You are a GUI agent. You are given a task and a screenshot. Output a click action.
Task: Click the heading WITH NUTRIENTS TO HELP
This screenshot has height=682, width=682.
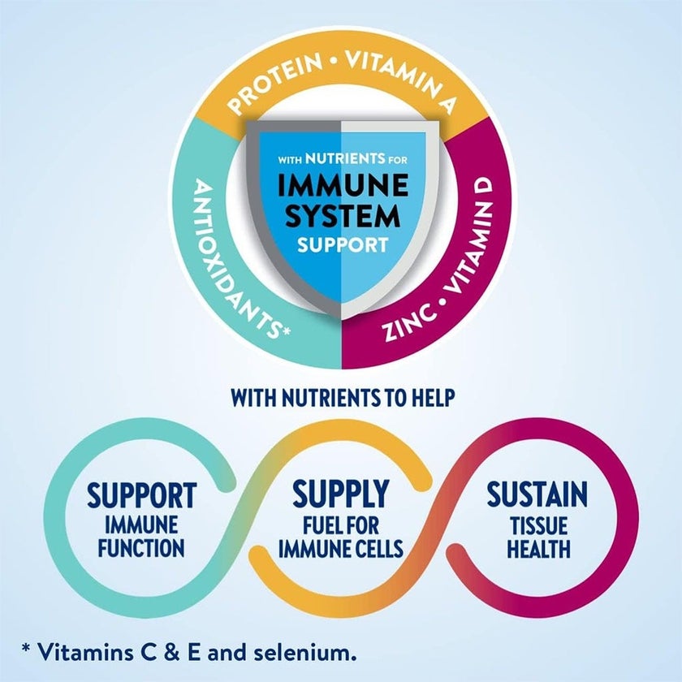[x=341, y=399]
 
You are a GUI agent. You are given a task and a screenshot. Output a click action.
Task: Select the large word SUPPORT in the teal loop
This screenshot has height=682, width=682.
[x=142, y=494]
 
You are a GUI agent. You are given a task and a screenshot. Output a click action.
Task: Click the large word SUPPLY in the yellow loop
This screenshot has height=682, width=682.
[x=341, y=493]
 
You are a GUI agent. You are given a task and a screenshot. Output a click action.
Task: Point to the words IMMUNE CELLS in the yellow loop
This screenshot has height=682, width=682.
[x=341, y=549]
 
